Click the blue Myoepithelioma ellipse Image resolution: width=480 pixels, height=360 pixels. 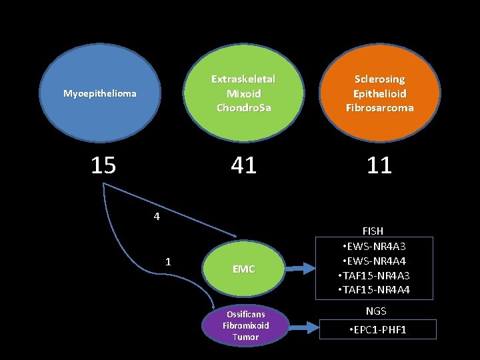click(100, 94)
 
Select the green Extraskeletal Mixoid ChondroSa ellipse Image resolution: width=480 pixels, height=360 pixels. click(243, 93)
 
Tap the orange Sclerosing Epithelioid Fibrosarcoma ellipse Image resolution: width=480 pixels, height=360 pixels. click(379, 93)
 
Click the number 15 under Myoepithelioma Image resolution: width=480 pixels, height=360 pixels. click(103, 165)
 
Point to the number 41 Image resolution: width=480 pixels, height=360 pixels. click(243, 165)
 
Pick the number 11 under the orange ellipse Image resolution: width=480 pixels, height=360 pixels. click(379, 165)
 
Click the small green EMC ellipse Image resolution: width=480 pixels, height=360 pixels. click(243, 269)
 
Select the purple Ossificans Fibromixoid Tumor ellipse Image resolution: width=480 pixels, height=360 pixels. click(245, 325)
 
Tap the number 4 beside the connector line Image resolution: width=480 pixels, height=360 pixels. click(156, 217)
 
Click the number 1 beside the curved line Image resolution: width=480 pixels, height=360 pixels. click(168, 261)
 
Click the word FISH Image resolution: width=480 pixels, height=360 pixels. click(373, 231)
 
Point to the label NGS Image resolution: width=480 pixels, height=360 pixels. click(376, 311)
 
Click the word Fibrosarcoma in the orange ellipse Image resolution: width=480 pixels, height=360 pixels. click(379, 107)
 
